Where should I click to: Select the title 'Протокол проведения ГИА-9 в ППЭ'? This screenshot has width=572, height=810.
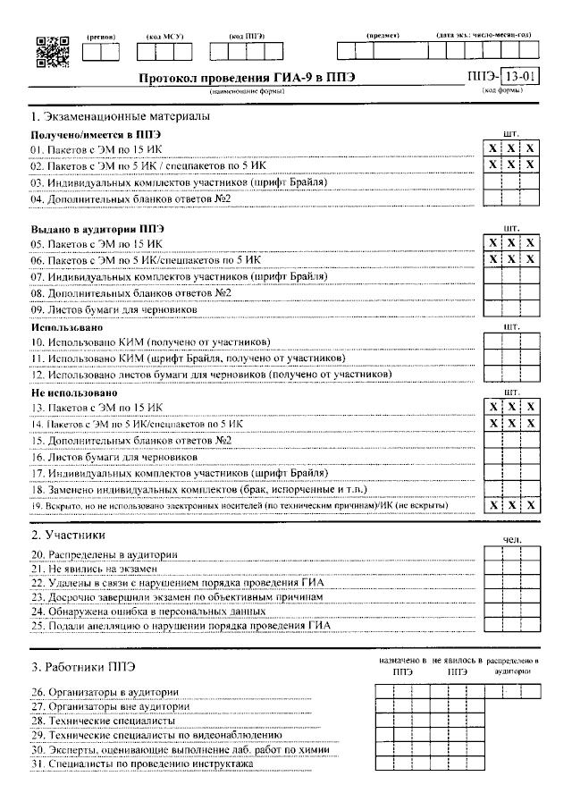point(247,78)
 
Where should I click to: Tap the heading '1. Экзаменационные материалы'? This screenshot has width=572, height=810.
point(120,117)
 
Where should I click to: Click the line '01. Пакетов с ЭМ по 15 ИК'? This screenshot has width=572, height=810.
point(97,148)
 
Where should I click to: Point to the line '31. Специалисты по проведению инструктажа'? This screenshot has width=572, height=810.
point(142,764)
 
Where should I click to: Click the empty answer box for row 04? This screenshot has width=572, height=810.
point(511,198)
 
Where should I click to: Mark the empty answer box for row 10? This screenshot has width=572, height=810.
point(511,342)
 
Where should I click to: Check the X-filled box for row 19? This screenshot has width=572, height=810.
point(511,506)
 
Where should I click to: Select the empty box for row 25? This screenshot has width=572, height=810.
point(511,625)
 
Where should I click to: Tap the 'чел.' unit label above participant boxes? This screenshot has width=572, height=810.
point(512,540)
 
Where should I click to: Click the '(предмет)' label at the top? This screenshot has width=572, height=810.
point(383,35)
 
